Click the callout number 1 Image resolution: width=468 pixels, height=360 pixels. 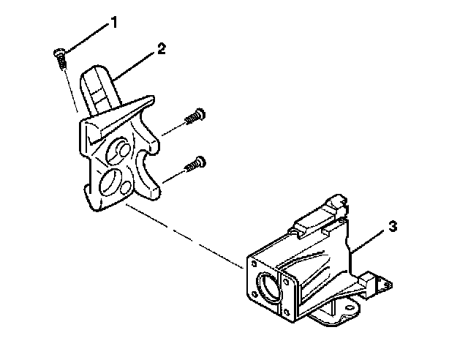[113, 23]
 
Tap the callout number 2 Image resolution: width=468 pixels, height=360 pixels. [161, 49]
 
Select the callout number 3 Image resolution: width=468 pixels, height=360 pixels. [393, 227]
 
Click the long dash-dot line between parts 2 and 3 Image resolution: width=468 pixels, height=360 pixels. [183, 234]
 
